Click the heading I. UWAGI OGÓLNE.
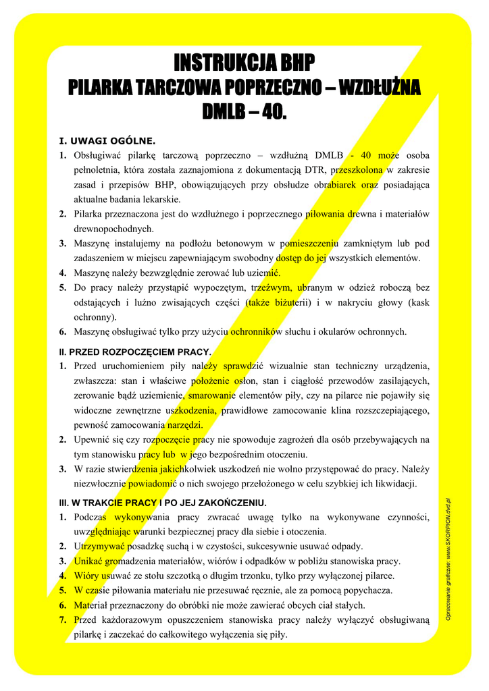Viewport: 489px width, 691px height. coord(107,141)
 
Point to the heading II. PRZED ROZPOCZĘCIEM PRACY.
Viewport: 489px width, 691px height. coord(135,352)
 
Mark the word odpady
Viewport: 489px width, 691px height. coord(345,546)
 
